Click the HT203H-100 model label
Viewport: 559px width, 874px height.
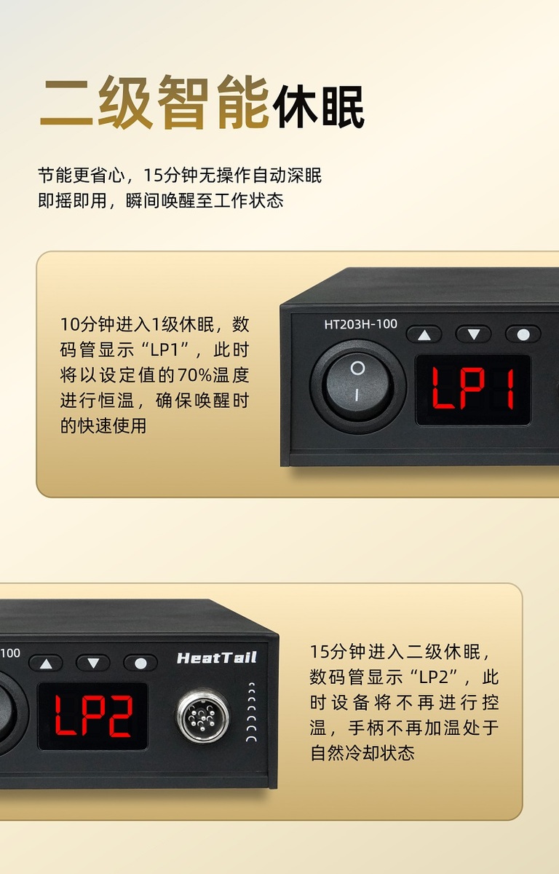click(x=360, y=324)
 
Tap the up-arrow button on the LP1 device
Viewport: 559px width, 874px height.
click(x=424, y=334)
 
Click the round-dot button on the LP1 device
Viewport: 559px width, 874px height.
click(x=523, y=334)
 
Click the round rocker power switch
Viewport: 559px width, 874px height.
click(x=357, y=387)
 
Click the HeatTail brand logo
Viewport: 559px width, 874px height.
click(x=217, y=658)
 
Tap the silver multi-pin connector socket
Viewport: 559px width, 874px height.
click(x=202, y=715)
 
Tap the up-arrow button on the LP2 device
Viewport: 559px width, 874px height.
click(x=46, y=664)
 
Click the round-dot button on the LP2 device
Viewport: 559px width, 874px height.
click(x=140, y=664)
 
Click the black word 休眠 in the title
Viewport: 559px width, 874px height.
click(x=318, y=106)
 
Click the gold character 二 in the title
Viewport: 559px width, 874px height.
click(x=67, y=103)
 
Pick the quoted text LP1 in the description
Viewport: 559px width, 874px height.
click(x=165, y=349)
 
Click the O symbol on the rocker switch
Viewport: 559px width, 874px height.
click(x=357, y=368)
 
